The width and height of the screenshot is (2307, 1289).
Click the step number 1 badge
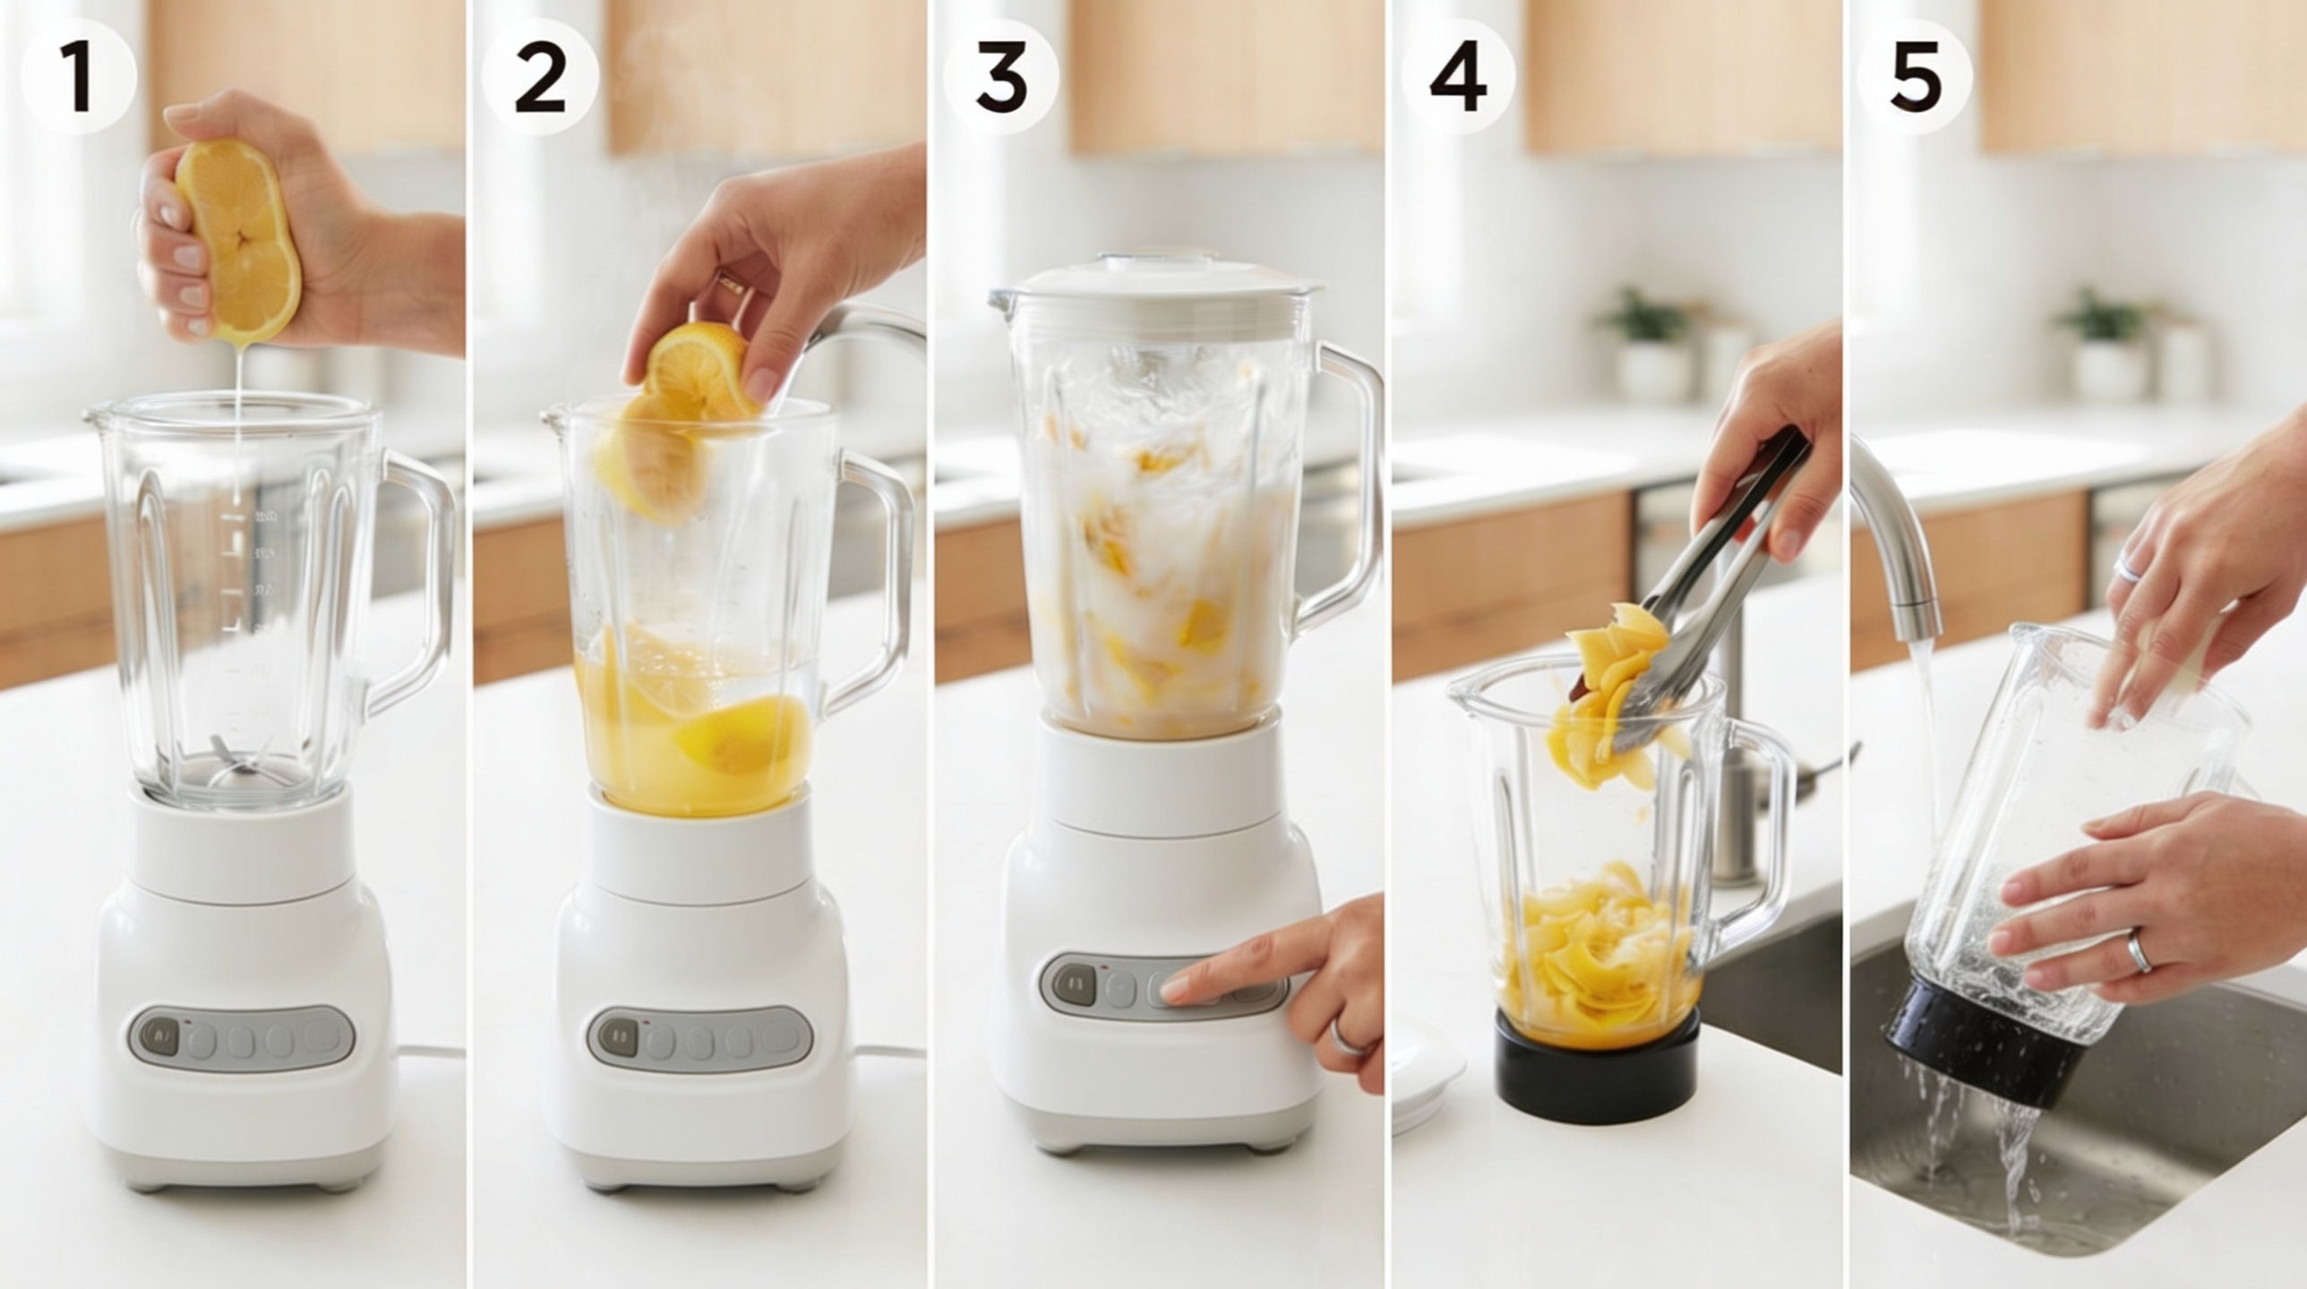click(78, 77)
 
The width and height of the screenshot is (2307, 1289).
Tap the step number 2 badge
click(540, 77)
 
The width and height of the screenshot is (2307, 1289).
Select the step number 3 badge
click(1001, 77)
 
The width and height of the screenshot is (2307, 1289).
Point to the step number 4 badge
click(1459, 77)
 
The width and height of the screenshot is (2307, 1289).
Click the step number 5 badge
click(1916, 77)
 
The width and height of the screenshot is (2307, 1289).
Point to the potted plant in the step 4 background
click(1644, 345)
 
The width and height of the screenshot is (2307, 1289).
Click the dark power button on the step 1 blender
click(159, 1037)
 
